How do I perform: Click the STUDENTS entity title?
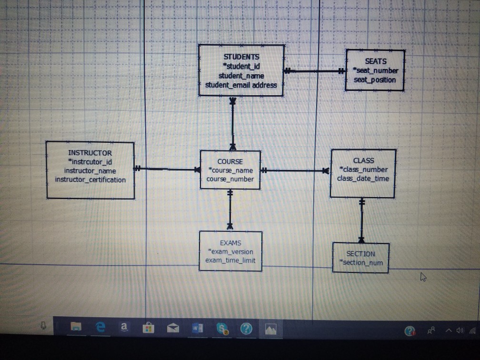pyautogui.click(x=241, y=57)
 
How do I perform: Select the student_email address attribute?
pyautogui.click(x=241, y=85)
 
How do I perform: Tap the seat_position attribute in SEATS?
pyautogui.click(x=375, y=80)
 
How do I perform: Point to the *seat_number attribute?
pyautogui.click(x=375, y=70)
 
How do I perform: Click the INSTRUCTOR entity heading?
pyautogui.click(x=90, y=153)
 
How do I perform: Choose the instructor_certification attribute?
pyautogui.click(x=90, y=180)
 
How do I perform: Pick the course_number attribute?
pyautogui.click(x=230, y=179)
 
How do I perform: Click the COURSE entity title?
pyautogui.click(x=230, y=161)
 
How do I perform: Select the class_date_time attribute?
pyautogui.click(x=363, y=179)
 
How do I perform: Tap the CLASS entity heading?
pyautogui.click(x=363, y=161)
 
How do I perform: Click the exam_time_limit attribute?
pyautogui.click(x=230, y=260)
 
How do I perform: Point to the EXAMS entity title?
pyautogui.click(x=230, y=243)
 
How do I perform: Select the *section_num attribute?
pyautogui.click(x=361, y=262)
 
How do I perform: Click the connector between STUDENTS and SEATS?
pyautogui.click(x=315, y=71)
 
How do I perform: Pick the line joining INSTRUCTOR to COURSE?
pyautogui.click(x=167, y=169)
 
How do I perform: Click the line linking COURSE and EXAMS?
pyautogui.click(x=230, y=210)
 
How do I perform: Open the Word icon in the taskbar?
pyautogui.click(x=197, y=328)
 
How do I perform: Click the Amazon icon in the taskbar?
pyautogui.click(x=124, y=328)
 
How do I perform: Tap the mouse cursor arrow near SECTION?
pyautogui.click(x=423, y=277)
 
